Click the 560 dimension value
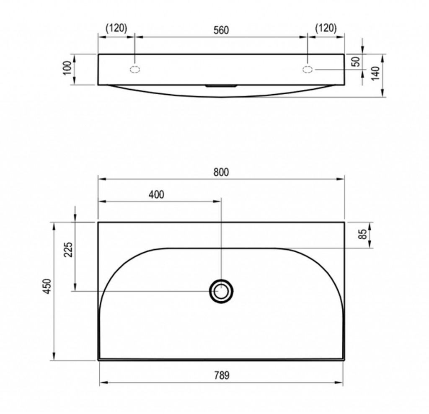[221, 30]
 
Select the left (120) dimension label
[116, 28]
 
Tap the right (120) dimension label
[326, 28]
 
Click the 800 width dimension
[221, 172]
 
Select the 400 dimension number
[157, 194]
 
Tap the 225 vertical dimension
[68, 250]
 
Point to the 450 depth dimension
[48, 286]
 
